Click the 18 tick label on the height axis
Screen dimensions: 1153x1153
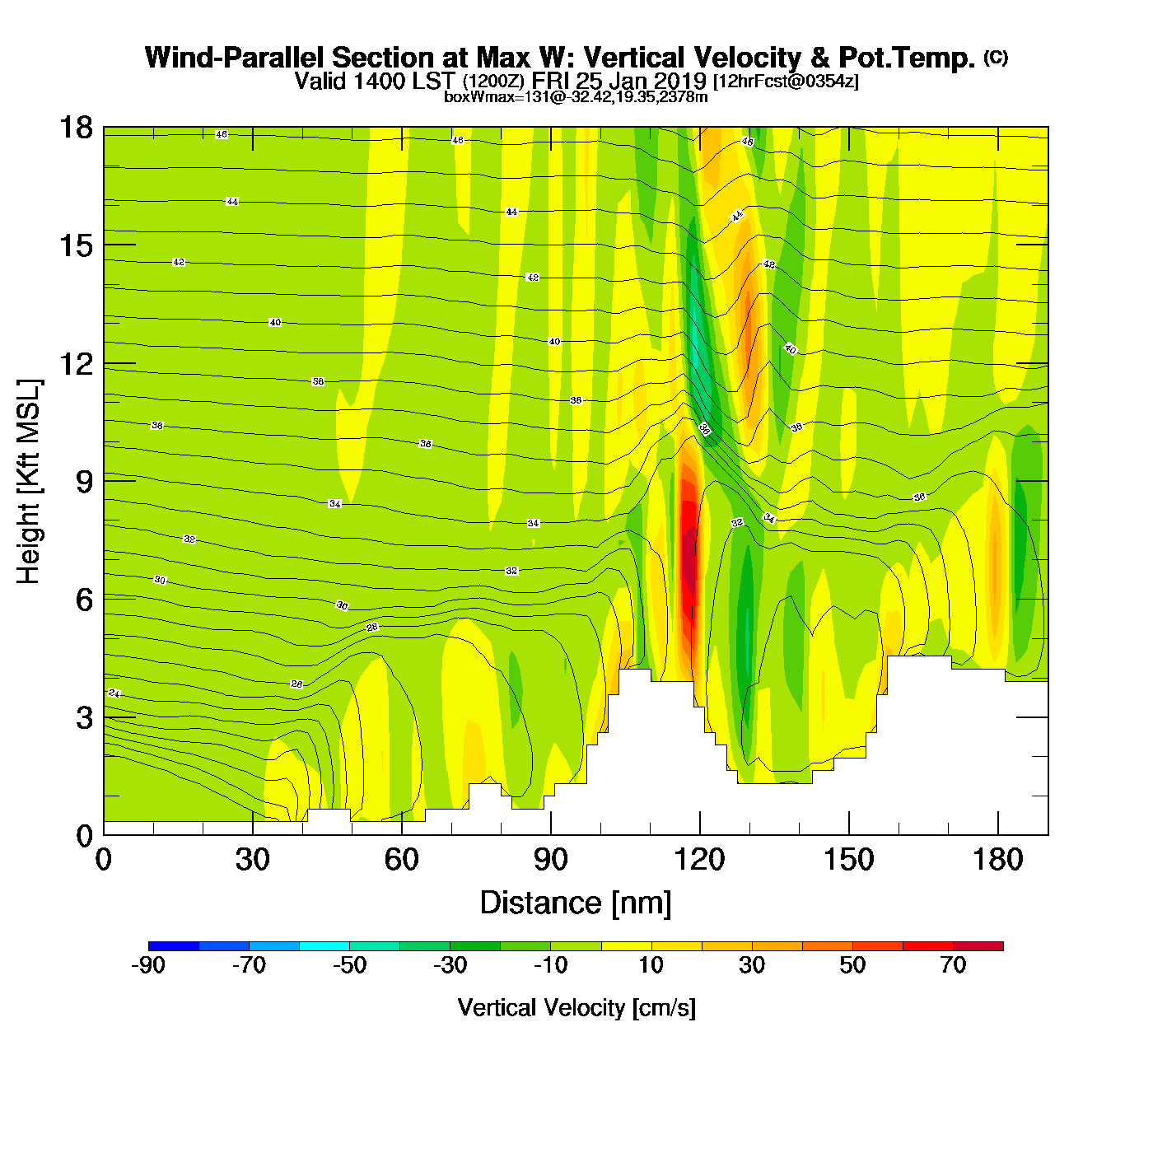tap(75, 128)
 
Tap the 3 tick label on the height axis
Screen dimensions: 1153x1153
tap(84, 717)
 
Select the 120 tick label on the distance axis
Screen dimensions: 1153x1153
tap(699, 860)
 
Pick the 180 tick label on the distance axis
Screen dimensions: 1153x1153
tap(997, 860)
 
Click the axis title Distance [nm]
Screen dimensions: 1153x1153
tap(576, 903)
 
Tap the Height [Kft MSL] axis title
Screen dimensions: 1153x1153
tap(29, 482)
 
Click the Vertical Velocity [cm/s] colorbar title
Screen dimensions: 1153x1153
tap(576, 1007)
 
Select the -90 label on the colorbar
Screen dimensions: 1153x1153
tap(148, 965)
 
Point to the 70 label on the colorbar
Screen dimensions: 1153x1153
tap(953, 965)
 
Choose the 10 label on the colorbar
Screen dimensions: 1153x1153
tap(651, 965)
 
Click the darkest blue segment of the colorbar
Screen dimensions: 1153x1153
tap(174, 945)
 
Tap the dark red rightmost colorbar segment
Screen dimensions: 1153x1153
tap(978, 945)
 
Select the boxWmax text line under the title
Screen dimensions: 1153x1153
tap(576, 97)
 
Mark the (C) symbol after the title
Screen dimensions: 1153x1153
tap(996, 57)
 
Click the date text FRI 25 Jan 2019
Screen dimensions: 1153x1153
tap(619, 81)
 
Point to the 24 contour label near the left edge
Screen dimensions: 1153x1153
tap(114, 693)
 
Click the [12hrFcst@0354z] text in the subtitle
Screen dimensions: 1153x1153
tap(786, 81)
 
